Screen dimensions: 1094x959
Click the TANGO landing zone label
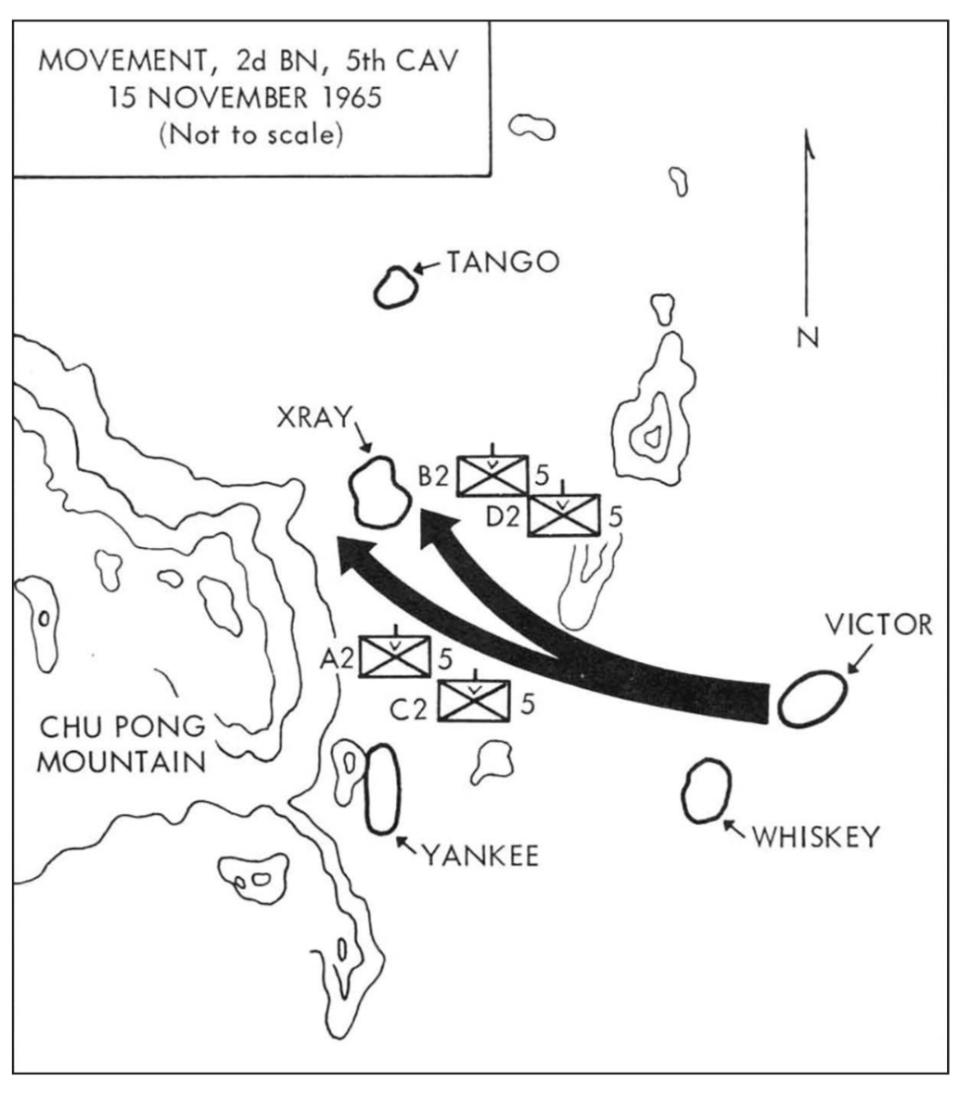point(504,262)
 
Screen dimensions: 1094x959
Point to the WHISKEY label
point(814,836)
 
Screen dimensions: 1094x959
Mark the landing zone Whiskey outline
point(705,790)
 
